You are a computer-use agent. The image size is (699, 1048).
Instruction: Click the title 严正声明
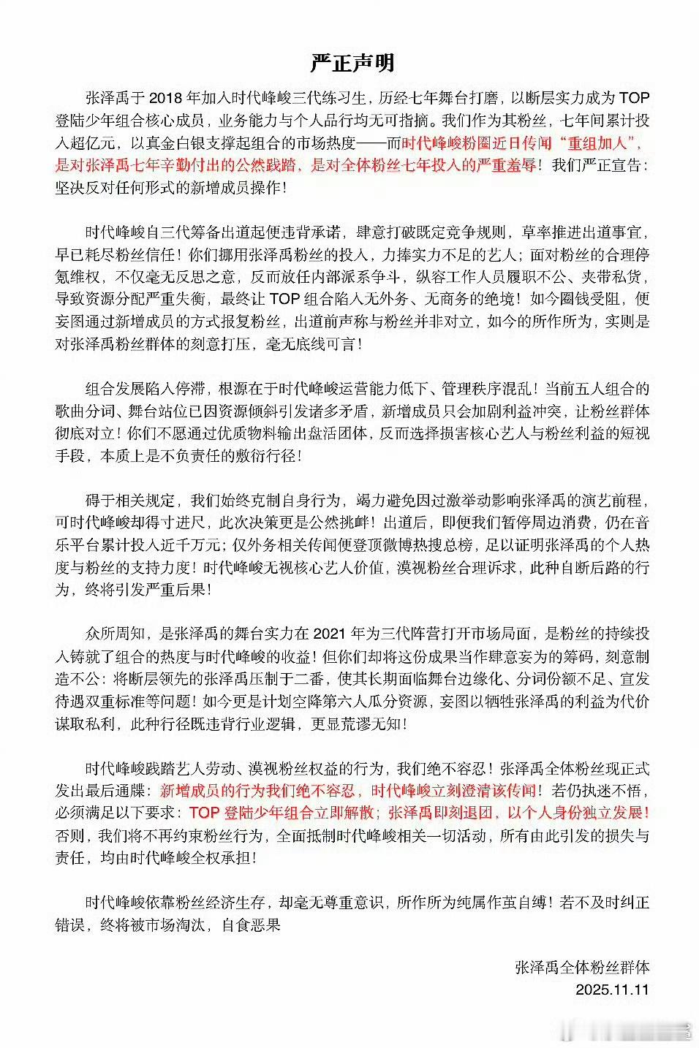pos(352,63)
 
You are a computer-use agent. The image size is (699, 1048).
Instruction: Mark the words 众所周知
pos(116,634)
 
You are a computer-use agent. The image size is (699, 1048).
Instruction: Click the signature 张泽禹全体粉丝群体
pos(582,968)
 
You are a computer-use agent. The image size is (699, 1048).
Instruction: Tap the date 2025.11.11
pos(612,990)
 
